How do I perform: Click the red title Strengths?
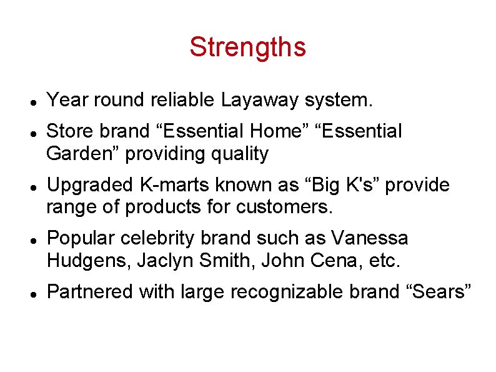point(247,47)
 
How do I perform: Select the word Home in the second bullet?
point(278,131)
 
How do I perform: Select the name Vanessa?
point(370,238)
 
